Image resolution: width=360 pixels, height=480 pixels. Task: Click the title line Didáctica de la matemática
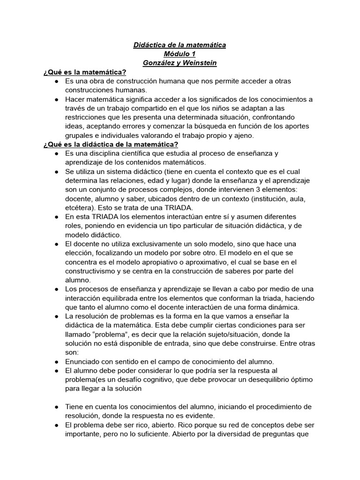pyautogui.click(x=180, y=45)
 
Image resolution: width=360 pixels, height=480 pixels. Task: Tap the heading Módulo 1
pyautogui.click(x=180, y=54)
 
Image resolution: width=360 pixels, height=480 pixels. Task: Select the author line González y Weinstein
pyautogui.click(x=180, y=63)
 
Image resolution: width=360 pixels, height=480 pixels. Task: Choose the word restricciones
pyautogui.click(x=90, y=117)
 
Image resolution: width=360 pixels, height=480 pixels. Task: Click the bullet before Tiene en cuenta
pyautogui.click(x=56, y=406)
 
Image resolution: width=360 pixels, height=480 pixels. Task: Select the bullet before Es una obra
pyautogui.click(x=56, y=81)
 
